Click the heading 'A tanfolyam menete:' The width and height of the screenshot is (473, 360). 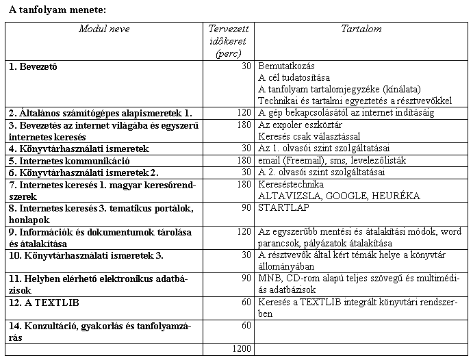point(58,10)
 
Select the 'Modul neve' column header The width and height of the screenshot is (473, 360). point(104,29)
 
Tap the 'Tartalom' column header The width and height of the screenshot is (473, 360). point(361,29)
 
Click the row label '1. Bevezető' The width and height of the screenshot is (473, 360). point(33,67)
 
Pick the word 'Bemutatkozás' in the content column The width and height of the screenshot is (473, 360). point(286,67)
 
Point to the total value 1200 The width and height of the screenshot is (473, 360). point(241,349)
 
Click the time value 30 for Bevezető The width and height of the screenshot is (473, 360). point(246,67)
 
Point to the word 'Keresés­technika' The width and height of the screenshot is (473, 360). point(290,184)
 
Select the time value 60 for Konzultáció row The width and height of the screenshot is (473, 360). point(246,325)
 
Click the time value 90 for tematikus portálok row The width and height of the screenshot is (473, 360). point(246,207)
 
